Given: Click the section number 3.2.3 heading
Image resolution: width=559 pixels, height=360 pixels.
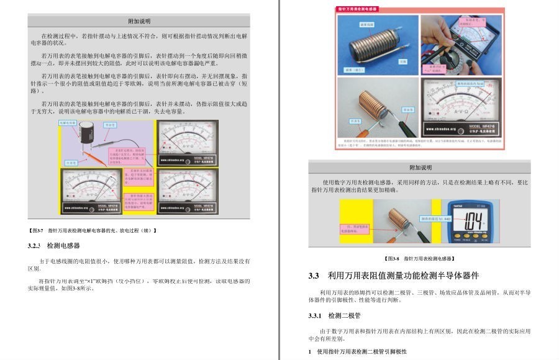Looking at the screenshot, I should point(34,246).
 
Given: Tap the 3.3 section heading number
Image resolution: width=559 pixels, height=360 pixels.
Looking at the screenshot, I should point(314,276).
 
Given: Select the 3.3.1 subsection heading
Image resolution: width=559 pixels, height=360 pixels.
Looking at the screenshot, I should point(317,315).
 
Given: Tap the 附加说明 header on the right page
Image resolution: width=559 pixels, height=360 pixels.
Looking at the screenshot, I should point(420,167).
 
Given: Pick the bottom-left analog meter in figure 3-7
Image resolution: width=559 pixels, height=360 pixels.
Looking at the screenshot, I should point(91,189).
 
